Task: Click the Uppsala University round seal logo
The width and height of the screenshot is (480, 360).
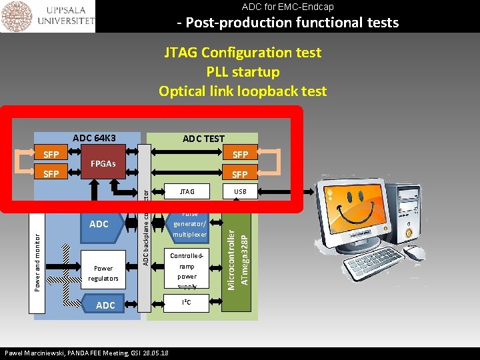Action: (x=17, y=17)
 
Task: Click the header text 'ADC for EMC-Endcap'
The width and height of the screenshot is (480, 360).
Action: (x=287, y=7)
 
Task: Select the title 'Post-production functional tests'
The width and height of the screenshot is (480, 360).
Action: (x=287, y=23)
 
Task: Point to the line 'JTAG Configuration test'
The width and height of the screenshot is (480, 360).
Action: (x=243, y=53)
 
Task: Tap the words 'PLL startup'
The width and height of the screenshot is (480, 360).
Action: (x=243, y=71)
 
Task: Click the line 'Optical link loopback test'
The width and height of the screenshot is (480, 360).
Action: (x=243, y=91)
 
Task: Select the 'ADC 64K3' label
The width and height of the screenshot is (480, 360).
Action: (x=94, y=138)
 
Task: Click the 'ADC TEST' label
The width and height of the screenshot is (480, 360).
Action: (x=203, y=139)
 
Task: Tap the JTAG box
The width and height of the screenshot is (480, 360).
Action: (x=187, y=192)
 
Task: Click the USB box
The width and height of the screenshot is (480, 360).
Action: (x=240, y=192)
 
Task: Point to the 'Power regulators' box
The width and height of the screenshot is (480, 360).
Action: (x=103, y=273)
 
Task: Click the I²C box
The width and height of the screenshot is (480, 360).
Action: (x=187, y=303)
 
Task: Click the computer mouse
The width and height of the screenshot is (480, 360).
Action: (x=414, y=253)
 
